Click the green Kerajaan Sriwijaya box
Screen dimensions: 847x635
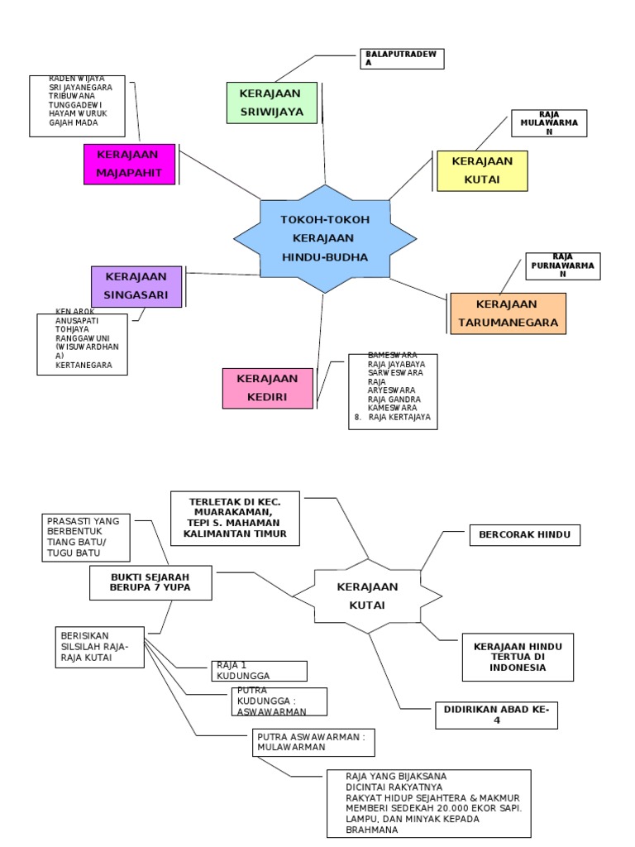272,102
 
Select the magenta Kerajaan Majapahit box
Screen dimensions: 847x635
129,164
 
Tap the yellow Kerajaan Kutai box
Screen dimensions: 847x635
482,170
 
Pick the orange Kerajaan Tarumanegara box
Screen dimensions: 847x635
507,313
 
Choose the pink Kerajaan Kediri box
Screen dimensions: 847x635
268,388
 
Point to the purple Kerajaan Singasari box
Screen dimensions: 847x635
136,286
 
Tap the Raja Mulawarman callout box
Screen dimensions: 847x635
549,123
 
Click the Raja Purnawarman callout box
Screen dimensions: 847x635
562,266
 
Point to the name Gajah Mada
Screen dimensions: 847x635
73,122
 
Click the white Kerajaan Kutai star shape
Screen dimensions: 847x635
368,596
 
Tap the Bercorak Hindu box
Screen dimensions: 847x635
524,535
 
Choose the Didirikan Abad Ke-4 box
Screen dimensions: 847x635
496,715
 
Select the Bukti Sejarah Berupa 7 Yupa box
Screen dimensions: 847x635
150,582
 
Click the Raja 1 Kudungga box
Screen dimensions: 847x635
258,670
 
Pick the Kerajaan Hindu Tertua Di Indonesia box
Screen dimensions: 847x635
518,657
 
